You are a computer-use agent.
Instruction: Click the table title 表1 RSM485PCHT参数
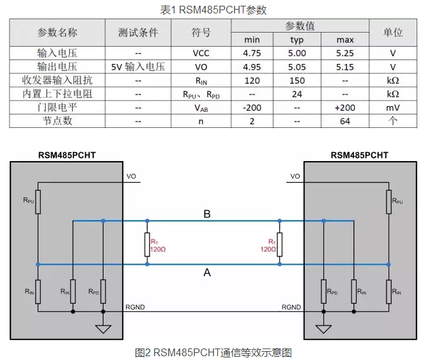coord(212,10)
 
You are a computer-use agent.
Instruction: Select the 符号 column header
coord(201,33)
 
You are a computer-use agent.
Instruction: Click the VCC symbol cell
coord(201,53)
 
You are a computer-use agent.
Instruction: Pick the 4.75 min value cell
coord(252,53)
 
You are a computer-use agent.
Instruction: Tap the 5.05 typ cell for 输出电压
coord(297,67)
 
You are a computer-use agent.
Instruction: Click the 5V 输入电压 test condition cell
coord(138,67)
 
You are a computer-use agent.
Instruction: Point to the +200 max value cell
coord(345,107)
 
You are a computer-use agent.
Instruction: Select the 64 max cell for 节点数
coord(345,121)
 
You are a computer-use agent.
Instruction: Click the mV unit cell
coord(392,107)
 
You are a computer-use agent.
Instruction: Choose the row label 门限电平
coord(57,107)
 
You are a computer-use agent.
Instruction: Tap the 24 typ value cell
coord(297,93)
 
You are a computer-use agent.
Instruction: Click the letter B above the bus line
coord(206,214)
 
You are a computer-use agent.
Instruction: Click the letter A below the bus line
coord(206,272)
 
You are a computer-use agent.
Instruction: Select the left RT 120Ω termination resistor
coord(148,243)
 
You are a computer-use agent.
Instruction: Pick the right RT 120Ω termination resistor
coord(279,243)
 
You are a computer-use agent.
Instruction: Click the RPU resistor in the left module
coord(38,201)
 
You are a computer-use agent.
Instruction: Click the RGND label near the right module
coord(291,307)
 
